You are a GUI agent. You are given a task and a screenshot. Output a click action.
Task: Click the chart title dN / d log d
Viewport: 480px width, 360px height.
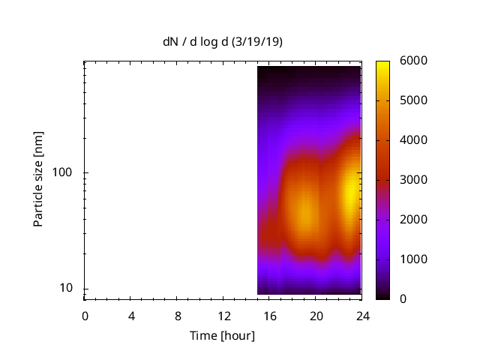click(197, 42)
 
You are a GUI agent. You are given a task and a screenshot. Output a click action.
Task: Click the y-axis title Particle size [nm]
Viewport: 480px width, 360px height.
click(38, 179)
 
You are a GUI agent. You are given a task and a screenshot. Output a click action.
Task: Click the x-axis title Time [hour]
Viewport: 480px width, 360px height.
click(222, 335)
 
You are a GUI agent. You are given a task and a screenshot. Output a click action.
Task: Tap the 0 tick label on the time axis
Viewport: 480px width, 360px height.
click(85, 315)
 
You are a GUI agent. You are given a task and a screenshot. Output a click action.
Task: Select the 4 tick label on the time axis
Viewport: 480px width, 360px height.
click(131, 315)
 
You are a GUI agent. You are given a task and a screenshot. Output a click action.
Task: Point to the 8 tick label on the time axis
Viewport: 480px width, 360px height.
click(178, 315)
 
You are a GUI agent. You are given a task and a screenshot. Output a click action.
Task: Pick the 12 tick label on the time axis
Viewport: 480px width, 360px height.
click(223, 315)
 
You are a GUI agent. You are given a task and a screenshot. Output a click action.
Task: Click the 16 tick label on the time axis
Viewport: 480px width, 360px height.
click(270, 315)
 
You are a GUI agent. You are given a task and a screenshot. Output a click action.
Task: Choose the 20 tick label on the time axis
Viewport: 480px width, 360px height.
click(316, 315)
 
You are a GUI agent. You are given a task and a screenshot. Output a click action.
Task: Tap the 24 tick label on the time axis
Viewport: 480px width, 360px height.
click(362, 315)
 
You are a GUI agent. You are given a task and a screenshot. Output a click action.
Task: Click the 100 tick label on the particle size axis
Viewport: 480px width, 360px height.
click(63, 172)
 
